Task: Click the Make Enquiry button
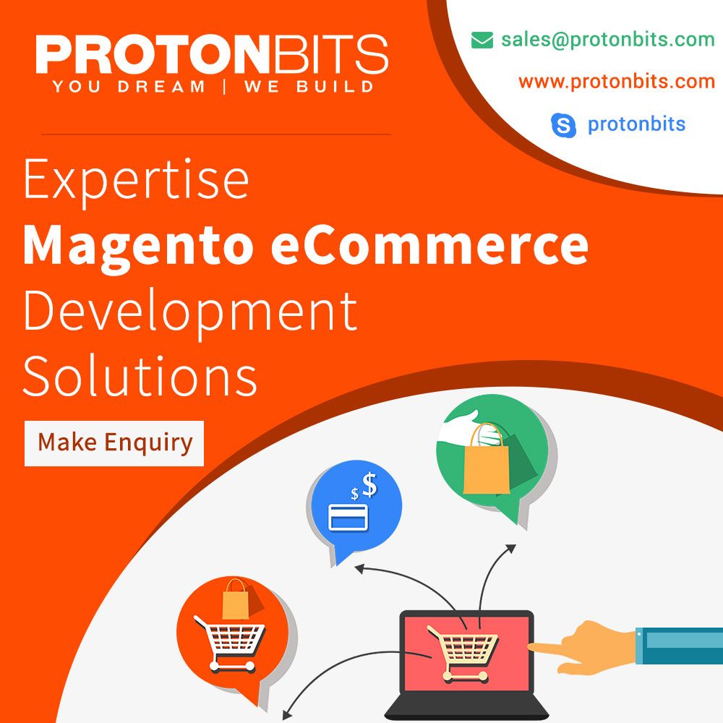114,443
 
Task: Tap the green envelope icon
482,40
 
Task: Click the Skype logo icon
563,124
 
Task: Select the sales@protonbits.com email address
608,40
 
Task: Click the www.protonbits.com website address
617,82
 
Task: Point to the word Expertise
136,181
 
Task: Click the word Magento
138,247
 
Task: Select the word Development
190,312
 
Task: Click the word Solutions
140,375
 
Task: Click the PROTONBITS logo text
212,54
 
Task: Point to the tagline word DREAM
161,87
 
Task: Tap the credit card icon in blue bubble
348,518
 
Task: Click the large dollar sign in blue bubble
369,485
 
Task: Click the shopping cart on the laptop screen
463,652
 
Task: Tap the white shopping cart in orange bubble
229,643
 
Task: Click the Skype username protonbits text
636,124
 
